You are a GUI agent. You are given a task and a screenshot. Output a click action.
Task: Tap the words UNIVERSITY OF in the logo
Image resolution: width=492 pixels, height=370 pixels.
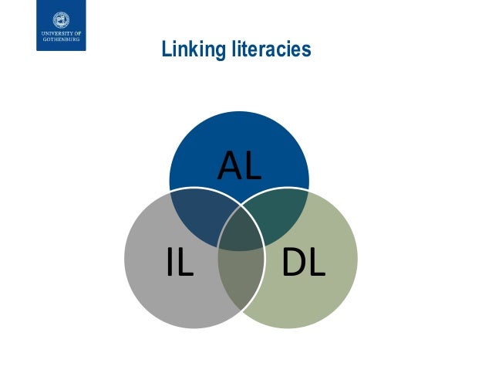click(61, 35)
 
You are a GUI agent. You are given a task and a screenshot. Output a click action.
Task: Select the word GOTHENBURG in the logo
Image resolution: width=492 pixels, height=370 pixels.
click(61, 40)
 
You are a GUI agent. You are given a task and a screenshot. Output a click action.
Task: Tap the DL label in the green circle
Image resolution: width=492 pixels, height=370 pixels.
click(303, 263)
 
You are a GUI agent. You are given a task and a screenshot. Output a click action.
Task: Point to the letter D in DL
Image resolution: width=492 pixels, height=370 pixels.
click(293, 263)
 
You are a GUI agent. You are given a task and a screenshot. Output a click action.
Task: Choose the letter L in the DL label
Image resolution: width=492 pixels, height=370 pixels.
click(316, 263)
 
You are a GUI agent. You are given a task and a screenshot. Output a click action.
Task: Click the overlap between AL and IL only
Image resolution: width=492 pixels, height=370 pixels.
click(197, 214)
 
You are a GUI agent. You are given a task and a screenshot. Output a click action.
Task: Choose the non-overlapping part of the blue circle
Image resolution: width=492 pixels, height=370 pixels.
click(240, 143)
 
